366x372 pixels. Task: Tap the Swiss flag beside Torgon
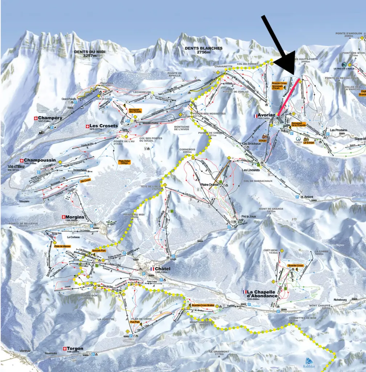(x=65, y=348)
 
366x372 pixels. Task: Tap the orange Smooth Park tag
(x=99, y=250)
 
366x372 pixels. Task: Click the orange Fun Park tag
(x=135, y=322)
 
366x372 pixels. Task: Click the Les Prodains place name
(x=338, y=130)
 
